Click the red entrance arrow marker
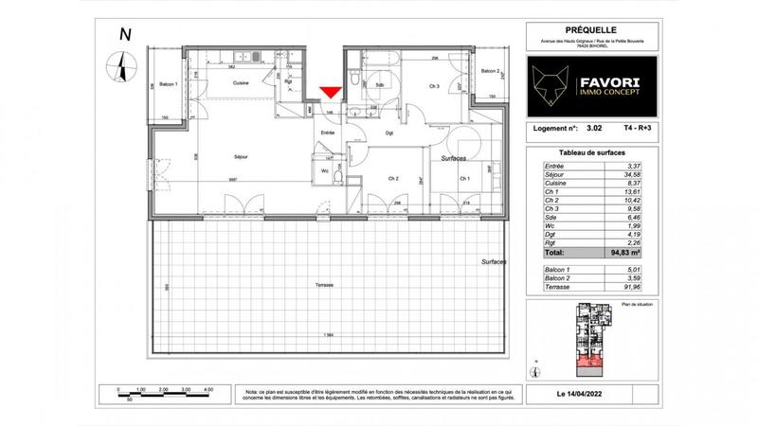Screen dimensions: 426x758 coord(329,92)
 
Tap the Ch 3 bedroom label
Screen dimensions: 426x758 coord(435,88)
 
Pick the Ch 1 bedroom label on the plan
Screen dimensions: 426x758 coord(464,178)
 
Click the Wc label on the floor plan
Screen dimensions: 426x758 coord(326,171)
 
